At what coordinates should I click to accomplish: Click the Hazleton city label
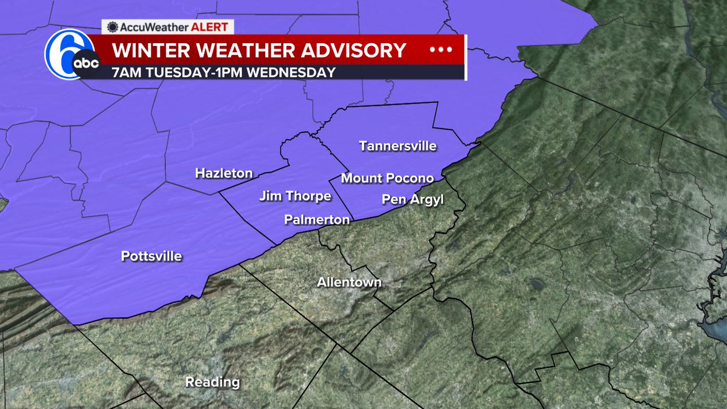click(x=224, y=174)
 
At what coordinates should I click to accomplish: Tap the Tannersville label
click(x=397, y=147)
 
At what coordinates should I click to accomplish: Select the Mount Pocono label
click(x=387, y=179)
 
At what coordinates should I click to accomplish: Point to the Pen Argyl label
click(x=413, y=199)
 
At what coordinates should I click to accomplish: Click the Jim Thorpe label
click(x=295, y=196)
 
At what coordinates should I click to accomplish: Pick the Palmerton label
click(x=317, y=220)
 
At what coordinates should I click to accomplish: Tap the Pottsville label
click(x=151, y=256)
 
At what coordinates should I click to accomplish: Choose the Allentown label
click(x=350, y=283)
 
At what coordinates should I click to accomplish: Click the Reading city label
click(x=213, y=382)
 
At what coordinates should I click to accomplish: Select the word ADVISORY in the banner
click(x=350, y=50)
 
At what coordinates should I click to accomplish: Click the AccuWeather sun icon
click(x=112, y=27)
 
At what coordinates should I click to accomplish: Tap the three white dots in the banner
click(x=441, y=50)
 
